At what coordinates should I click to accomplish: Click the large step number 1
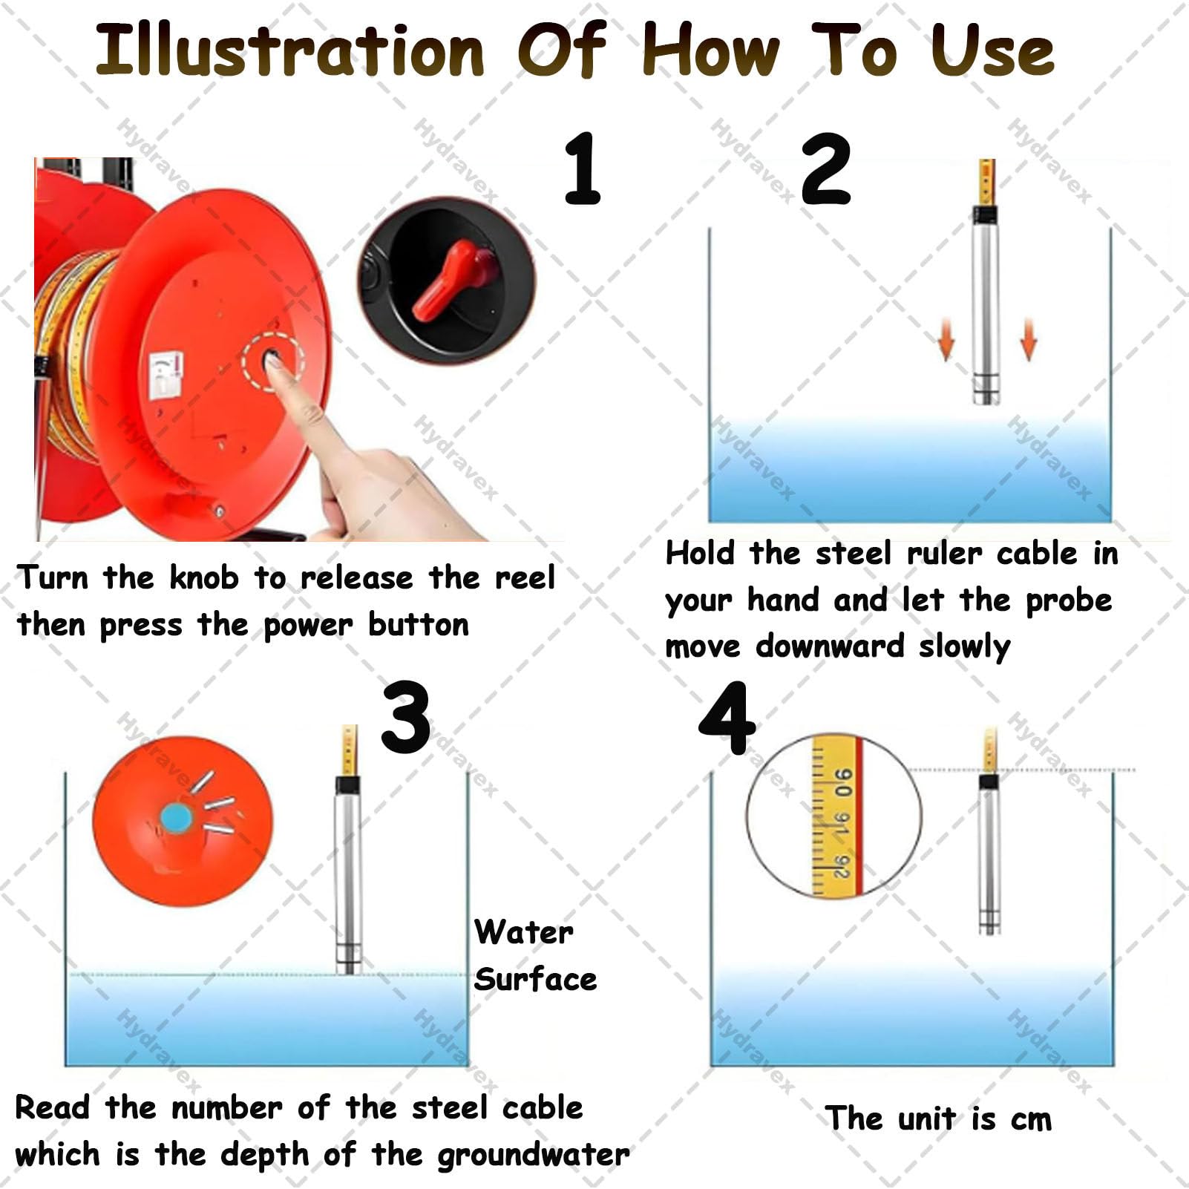pyautogui.click(x=583, y=168)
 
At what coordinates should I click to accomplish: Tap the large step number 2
pyautogui.click(x=826, y=168)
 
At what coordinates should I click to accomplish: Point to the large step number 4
pyautogui.click(x=727, y=718)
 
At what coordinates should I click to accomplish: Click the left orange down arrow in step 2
pyautogui.click(x=946, y=339)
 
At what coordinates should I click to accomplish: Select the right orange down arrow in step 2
pyautogui.click(x=1028, y=339)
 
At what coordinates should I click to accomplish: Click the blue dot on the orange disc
pyautogui.click(x=177, y=817)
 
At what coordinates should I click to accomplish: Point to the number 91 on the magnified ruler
pyautogui.click(x=842, y=823)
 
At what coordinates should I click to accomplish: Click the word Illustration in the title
pyautogui.click(x=289, y=50)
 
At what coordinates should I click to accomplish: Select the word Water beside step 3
pyautogui.click(x=524, y=932)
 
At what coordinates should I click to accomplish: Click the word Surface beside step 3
pyautogui.click(x=536, y=979)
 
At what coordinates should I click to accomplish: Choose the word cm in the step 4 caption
pyautogui.click(x=1031, y=1120)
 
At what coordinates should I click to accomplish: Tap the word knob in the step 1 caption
pyautogui.click(x=204, y=577)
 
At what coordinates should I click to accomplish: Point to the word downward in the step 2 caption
pyautogui.click(x=830, y=646)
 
